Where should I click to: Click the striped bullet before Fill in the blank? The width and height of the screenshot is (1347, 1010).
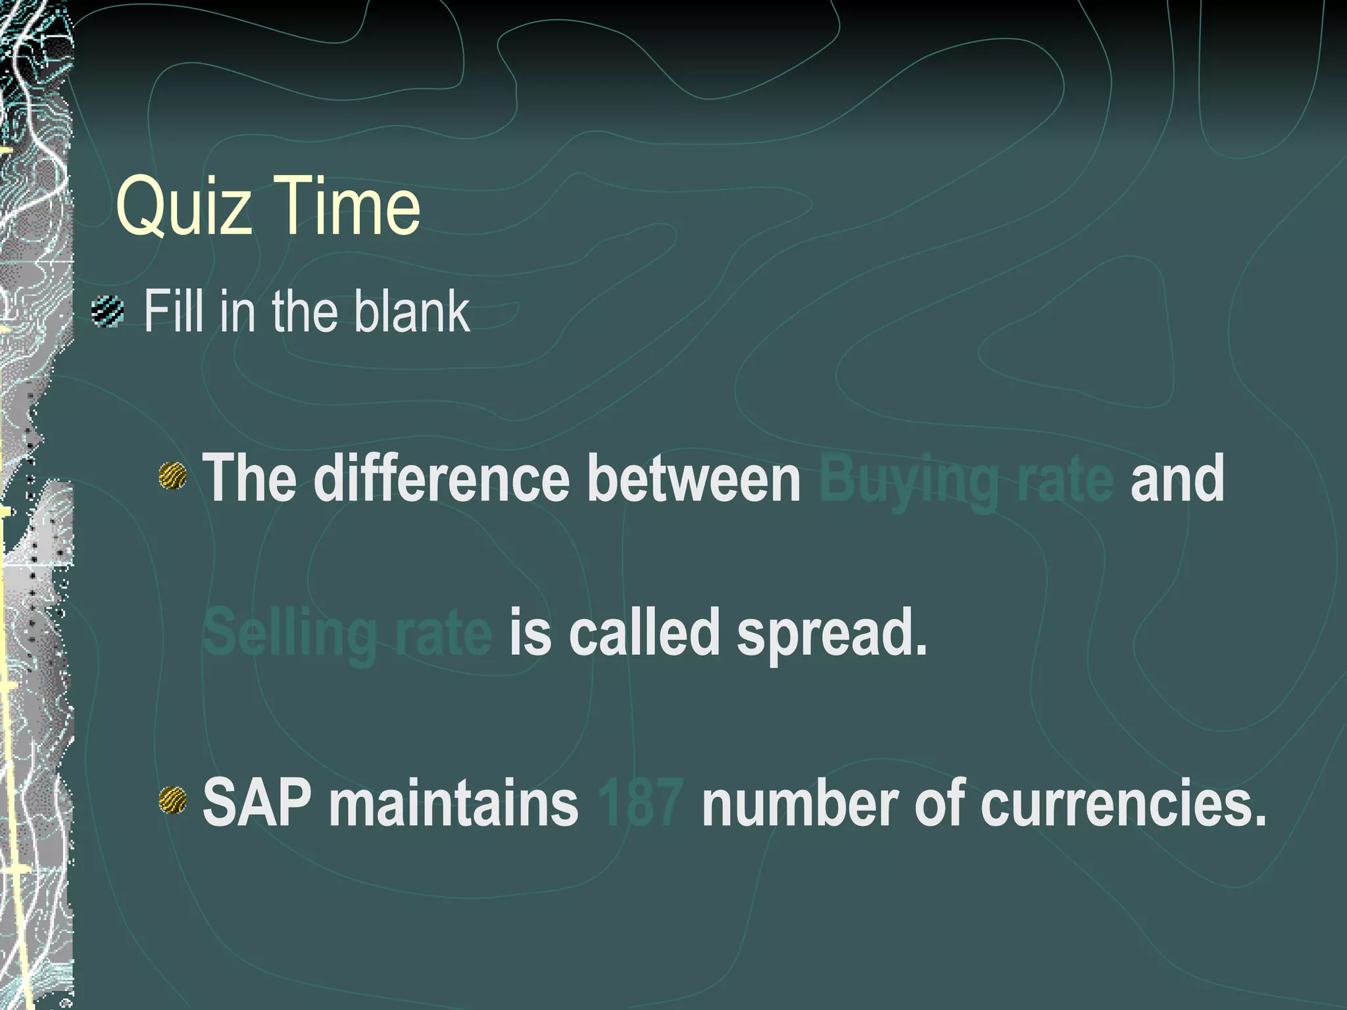tap(108, 312)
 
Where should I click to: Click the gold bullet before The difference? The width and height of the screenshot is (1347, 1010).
tap(172, 476)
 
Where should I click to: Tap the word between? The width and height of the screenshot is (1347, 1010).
tap(693, 478)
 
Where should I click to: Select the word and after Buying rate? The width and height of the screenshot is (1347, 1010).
tap(1177, 478)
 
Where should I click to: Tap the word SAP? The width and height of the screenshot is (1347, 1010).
tap(257, 802)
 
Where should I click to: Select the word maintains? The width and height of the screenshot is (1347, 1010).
tap(453, 802)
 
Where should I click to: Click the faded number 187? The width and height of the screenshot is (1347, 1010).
tap(641, 803)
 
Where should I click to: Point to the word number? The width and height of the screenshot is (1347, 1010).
tap(800, 802)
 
